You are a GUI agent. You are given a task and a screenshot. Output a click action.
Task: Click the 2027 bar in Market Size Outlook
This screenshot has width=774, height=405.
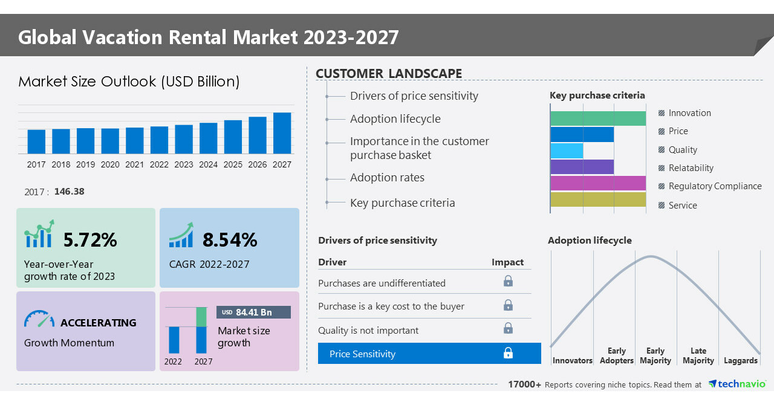coord(282,133)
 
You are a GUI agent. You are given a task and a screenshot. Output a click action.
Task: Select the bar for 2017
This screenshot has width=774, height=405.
coord(36,141)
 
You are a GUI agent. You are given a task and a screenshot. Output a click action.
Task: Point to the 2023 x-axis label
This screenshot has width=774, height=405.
coord(184,164)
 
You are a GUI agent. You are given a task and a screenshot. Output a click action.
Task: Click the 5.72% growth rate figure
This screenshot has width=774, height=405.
coord(90,240)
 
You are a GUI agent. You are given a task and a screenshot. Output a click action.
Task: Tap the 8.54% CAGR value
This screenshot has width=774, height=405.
coord(230,240)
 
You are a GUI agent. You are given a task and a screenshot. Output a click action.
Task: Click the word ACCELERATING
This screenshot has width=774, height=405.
coord(99,323)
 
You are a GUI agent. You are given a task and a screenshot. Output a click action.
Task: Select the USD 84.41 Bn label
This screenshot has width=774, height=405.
coord(253,312)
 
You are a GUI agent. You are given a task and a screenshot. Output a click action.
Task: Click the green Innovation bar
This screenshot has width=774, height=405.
coord(598,118)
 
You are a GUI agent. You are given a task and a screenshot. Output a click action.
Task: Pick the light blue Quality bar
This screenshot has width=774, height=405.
coord(567,151)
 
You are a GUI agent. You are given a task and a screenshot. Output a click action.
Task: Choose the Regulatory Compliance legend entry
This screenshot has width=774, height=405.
coord(714,186)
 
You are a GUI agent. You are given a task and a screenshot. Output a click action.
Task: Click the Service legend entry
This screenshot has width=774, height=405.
coord(682,206)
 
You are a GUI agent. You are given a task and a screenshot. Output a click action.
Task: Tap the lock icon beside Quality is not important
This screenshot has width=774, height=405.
coord(508,328)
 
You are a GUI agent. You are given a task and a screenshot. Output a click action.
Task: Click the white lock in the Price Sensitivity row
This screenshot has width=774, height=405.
coord(508,353)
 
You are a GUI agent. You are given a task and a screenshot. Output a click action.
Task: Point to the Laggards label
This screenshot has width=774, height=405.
coord(740,361)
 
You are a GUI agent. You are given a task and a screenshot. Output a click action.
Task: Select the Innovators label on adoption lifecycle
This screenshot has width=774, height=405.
coord(572,361)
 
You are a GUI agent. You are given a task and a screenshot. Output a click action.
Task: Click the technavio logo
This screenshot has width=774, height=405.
coord(737,384)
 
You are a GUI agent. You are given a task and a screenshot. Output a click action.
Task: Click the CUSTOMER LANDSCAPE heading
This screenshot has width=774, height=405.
coord(389,74)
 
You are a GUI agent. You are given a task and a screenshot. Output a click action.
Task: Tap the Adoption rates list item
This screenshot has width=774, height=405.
coord(387,178)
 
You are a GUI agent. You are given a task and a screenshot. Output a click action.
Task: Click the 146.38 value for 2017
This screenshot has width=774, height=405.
coord(69,192)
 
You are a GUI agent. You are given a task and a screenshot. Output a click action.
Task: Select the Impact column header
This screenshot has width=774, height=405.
coord(507,262)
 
